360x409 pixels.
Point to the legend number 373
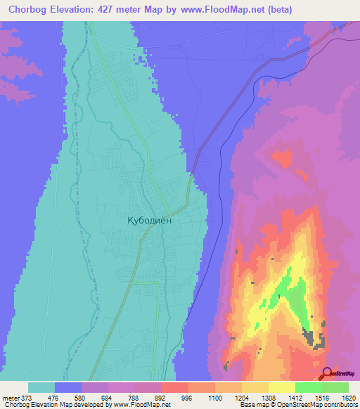click(x=27, y=397)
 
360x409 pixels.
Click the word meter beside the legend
click(x=10, y=397)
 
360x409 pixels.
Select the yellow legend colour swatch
click(x=281, y=387)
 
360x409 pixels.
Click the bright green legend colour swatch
click(x=308, y=387)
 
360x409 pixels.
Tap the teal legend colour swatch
click(x=41, y=387)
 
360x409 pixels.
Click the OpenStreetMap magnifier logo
click(x=327, y=373)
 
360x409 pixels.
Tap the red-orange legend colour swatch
click(x=174, y=387)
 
